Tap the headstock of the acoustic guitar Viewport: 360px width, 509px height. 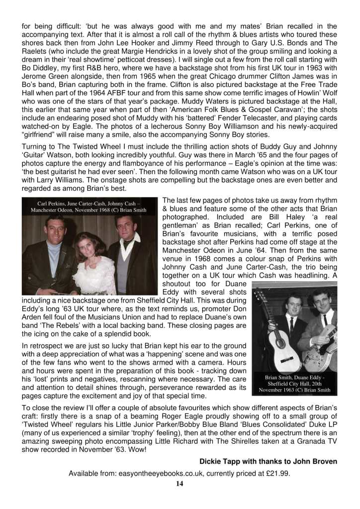[x=258, y=299]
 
